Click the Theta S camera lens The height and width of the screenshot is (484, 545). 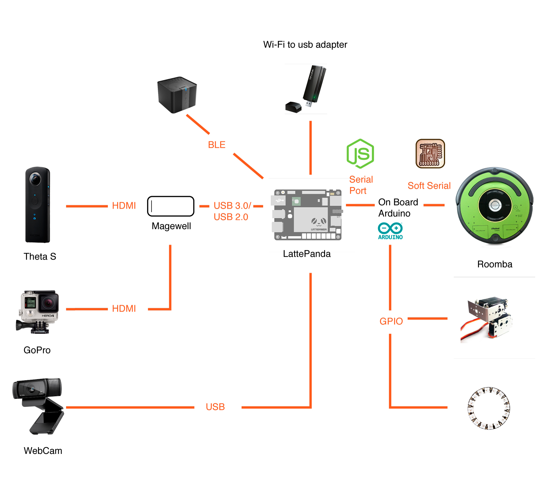[35, 179]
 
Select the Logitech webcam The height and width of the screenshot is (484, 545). [38, 406]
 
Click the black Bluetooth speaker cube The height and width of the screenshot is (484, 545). [177, 95]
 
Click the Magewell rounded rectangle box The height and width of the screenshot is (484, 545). [171, 206]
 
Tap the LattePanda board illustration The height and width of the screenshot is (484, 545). [307, 215]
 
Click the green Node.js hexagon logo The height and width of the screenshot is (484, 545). [360, 153]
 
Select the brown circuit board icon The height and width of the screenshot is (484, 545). [430, 153]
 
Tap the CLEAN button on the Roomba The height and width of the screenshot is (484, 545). [495, 205]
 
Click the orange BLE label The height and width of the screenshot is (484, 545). [217, 145]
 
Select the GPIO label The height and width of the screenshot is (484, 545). [391, 321]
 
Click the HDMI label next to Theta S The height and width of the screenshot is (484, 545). [124, 205]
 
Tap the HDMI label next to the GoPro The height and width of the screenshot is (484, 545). [124, 308]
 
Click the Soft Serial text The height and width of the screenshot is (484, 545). [429, 186]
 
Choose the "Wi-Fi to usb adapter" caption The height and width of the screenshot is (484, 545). [305, 45]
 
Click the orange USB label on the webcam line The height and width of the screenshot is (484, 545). [215, 407]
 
